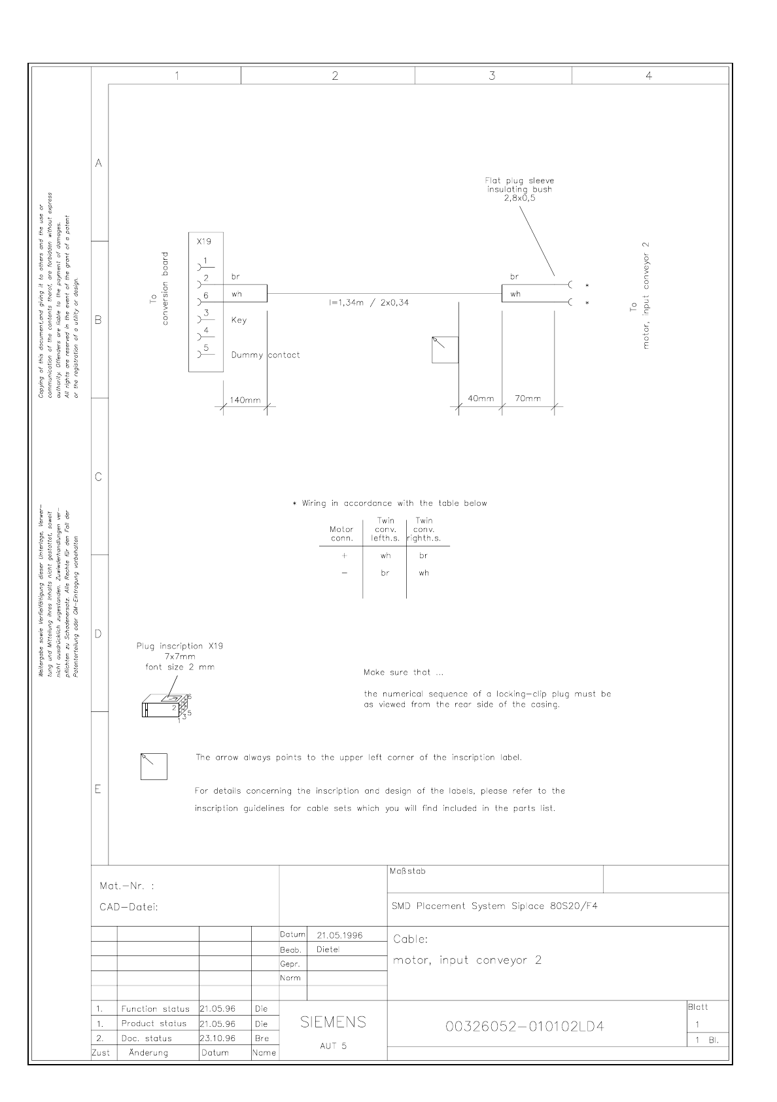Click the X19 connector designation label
click(x=203, y=241)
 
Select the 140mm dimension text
click(x=245, y=400)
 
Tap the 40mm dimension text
click(x=481, y=399)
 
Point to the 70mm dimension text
click(x=528, y=399)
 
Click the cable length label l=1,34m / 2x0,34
click(x=369, y=303)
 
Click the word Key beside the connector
click(x=239, y=321)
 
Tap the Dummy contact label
click(x=266, y=355)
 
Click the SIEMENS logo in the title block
click(x=333, y=1023)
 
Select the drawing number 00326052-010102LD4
click(x=525, y=1027)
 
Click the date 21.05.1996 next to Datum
click(x=339, y=936)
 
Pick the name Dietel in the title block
click(x=328, y=950)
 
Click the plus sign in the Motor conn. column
click(x=344, y=556)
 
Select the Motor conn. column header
click(x=341, y=534)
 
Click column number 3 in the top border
click(x=492, y=76)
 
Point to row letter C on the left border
click(x=98, y=477)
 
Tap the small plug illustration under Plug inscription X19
click(x=165, y=707)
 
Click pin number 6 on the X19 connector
click(x=205, y=296)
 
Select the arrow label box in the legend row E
click(x=154, y=766)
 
